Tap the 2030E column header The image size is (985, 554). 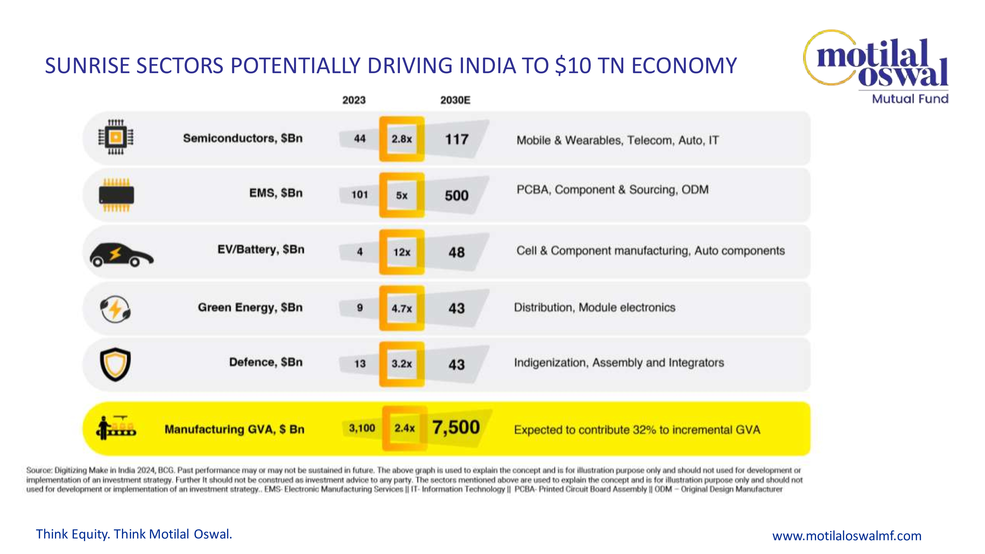point(455,100)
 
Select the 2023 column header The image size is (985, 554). point(354,100)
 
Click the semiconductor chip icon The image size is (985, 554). point(116,137)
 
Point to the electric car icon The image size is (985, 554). point(121,255)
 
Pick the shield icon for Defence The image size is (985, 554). point(115,364)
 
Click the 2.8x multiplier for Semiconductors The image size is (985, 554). point(401,139)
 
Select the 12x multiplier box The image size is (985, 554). point(401,252)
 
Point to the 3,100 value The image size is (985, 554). point(362,428)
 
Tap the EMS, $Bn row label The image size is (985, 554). point(276,193)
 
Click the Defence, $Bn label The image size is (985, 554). point(266,362)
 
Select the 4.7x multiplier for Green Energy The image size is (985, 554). point(401,308)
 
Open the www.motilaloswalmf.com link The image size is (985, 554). point(847,536)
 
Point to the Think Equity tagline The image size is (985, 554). point(134,534)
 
